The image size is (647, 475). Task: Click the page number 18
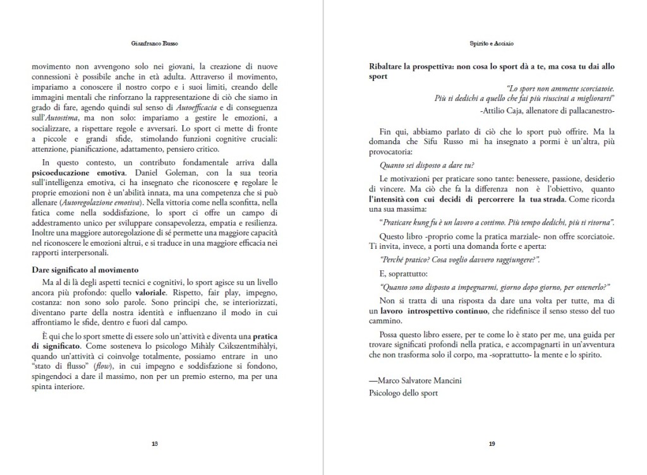(155, 443)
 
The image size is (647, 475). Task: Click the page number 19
(492, 443)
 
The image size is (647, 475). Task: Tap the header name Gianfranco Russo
(155, 45)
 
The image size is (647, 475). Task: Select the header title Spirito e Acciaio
(492, 45)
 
